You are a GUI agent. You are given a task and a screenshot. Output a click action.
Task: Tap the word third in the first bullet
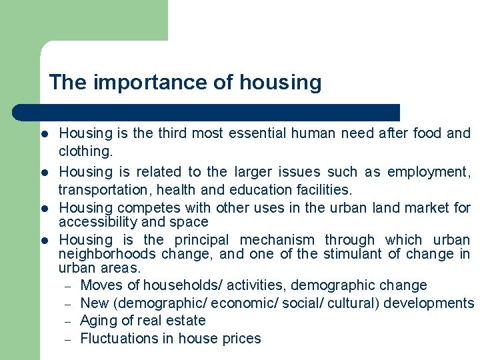[x=173, y=133]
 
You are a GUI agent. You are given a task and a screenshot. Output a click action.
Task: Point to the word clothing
[x=83, y=151]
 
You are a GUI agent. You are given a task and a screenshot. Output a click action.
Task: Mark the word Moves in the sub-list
[x=99, y=285]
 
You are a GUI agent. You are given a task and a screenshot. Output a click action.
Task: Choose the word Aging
[x=98, y=321]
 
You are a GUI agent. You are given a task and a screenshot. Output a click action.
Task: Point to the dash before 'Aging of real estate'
[x=67, y=321]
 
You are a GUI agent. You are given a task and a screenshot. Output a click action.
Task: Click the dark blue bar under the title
[x=207, y=112]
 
